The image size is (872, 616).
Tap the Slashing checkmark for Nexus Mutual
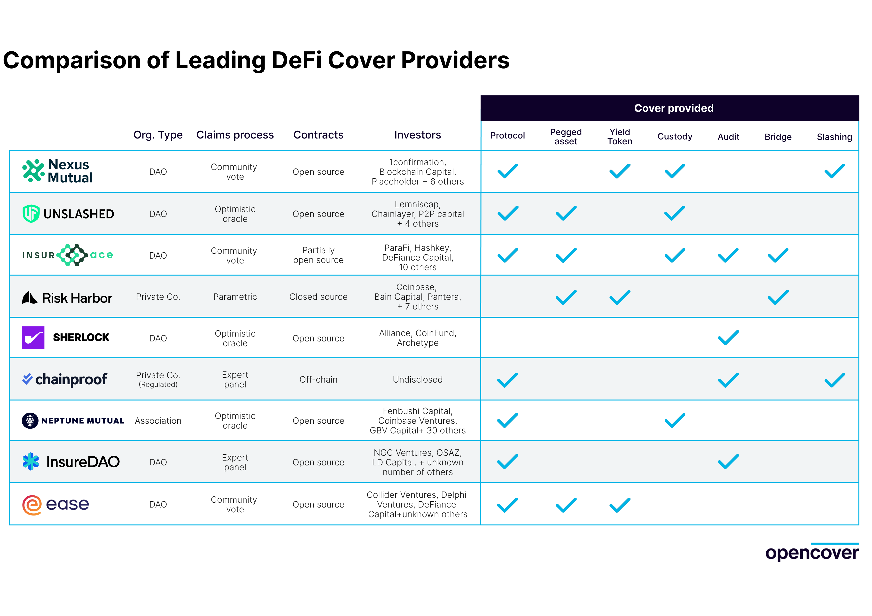(x=834, y=171)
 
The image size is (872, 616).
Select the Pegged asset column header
(x=566, y=137)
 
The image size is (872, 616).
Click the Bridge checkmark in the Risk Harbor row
(x=778, y=298)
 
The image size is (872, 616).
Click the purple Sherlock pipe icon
(x=33, y=337)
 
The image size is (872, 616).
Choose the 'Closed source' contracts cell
(x=318, y=297)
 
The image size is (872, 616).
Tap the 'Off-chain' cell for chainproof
(x=318, y=379)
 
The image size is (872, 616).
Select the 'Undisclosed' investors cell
(x=417, y=379)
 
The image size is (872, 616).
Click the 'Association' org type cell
(x=158, y=421)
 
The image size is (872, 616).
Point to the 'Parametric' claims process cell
(x=235, y=297)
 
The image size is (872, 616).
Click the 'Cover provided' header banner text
(x=674, y=108)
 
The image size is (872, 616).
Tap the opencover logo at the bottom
(x=812, y=553)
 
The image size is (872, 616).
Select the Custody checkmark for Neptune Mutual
(x=675, y=421)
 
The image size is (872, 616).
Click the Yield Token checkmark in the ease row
(x=619, y=505)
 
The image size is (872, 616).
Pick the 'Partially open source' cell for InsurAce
(x=318, y=255)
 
